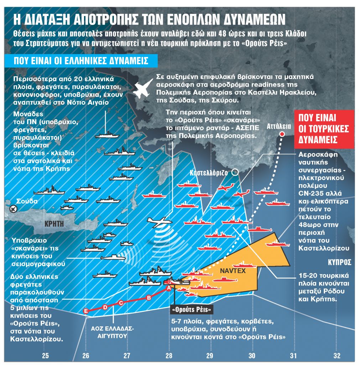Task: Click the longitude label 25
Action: pyautogui.click(x=45, y=355)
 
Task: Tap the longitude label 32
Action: pyautogui.click(x=337, y=355)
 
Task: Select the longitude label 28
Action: pyautogui.click(x=168, y=355)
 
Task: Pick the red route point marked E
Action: pyautogui.click(x=85, y=311)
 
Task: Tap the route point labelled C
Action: pyautogui.click(x=120, y=303)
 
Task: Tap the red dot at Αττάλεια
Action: pyautogui.click(x=282, y=134)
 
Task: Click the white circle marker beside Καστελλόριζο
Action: pyautogui.click(x=235, y=173)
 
